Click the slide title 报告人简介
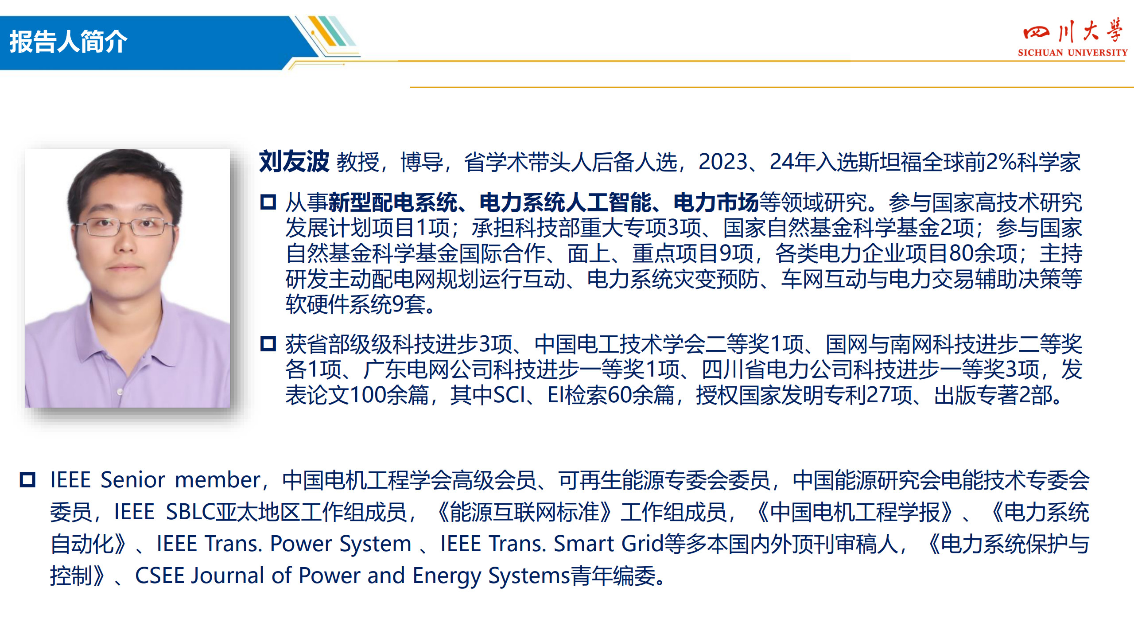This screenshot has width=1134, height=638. [x=68, y=42]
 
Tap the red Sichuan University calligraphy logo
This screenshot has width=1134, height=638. [x=1072, y=31]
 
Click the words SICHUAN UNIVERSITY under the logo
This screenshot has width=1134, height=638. [x=1072, y=53]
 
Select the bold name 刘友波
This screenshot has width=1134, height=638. [x=294, y=161]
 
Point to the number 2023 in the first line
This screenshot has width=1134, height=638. [x=723, y=162]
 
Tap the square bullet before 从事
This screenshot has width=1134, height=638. [x=268, y=202]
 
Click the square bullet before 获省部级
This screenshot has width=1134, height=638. [x=268, y=343]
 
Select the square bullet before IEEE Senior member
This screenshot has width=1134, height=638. [x=27, y=480]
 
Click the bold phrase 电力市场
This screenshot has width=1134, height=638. [x=716, y=202]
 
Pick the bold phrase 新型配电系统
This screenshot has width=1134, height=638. [x=392, y=202]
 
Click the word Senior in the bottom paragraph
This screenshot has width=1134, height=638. [x=133, y=480]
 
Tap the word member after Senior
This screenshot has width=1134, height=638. [x=218, y=480]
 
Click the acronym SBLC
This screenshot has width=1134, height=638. [x=191, y=512]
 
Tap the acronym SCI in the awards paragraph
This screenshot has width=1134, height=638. [x=509, y=395]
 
